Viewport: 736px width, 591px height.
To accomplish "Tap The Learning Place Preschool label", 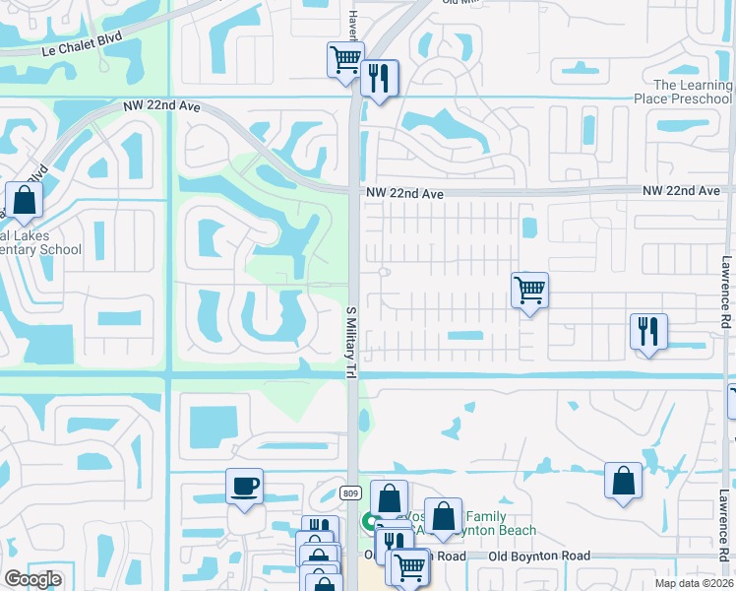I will point(693,92).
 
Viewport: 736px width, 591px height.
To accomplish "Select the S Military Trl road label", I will point(350,341).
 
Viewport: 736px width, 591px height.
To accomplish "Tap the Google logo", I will point(32,579).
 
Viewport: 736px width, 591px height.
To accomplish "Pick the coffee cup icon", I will point(244,485).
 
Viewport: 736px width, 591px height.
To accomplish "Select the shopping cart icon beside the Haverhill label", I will point(345,59).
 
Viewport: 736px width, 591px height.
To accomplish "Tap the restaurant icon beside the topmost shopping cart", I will point(379,77).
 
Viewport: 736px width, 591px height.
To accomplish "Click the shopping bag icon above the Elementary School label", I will point(24,200).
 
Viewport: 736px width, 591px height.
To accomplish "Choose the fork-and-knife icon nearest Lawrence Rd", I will point(648,331).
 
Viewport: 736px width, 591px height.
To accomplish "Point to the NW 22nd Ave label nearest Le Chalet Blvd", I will point(161,106).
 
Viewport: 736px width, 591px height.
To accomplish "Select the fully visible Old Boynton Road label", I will point(540,556).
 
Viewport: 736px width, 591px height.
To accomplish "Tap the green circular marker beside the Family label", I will point(371,521).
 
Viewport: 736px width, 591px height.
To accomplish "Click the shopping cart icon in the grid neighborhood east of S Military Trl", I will point(529,290).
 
